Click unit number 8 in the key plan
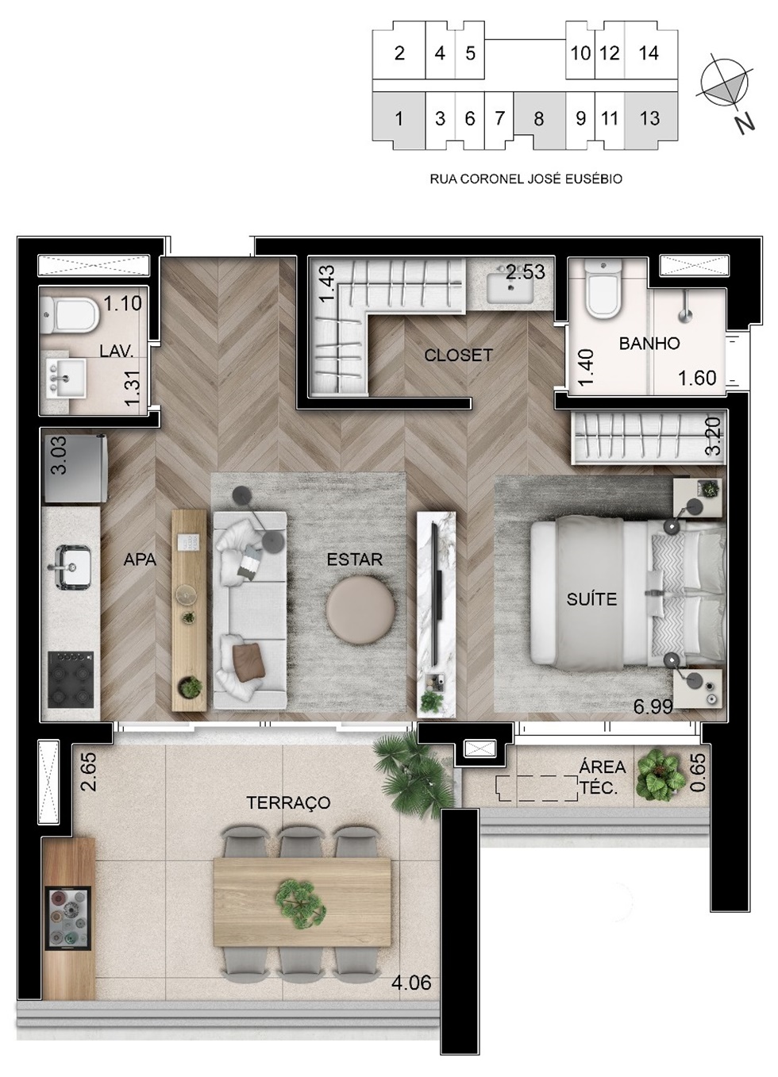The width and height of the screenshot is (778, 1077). click(x=539, y=119)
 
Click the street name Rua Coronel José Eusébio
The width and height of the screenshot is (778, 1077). click(x=526, y=179)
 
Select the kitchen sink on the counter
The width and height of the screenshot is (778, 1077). click(x=72, y=567)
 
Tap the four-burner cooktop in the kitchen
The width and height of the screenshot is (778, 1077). click(x=71, y=679)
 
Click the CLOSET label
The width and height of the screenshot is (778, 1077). click(x=459, y=356)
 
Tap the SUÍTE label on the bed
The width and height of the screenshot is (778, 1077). click(x=591, y=599)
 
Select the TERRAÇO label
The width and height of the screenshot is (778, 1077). click(x=288, y=803)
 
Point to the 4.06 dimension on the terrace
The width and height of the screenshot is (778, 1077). click(x=411, y=983)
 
